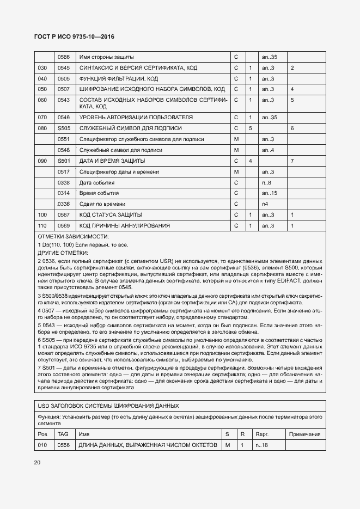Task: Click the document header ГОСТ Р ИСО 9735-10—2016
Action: tap(75, 37)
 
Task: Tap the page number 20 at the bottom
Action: tap(38, 463)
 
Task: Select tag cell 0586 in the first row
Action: tap(64, 57)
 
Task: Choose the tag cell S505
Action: tap(64, 128)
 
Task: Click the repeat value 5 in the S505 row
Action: tap(250, 128)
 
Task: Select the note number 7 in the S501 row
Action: tap(292, 161)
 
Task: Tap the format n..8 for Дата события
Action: tap(266, 182)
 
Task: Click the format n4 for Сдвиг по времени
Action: tap(265, 204)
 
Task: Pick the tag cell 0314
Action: tap(64, 193)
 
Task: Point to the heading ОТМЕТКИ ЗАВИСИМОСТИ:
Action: tap(74, 237)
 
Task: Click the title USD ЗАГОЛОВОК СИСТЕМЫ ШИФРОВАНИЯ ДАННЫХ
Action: tap(108, 406)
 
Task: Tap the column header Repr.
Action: tap(263, 434)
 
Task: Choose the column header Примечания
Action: tap(305, 434)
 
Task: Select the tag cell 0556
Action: tap(64, 445)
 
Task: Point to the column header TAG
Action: tap(63, 434)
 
